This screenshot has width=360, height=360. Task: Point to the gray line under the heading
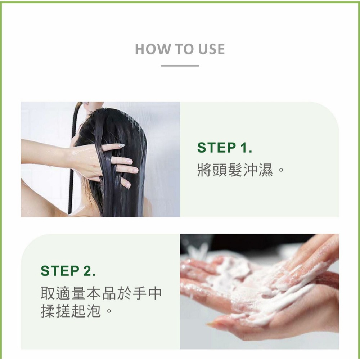[180, 66]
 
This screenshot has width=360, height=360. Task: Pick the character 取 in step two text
[48, 293]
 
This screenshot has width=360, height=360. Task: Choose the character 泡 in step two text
[94, 311]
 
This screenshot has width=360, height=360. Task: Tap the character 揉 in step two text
[48, 311]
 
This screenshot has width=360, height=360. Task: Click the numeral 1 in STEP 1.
[243, 148]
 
